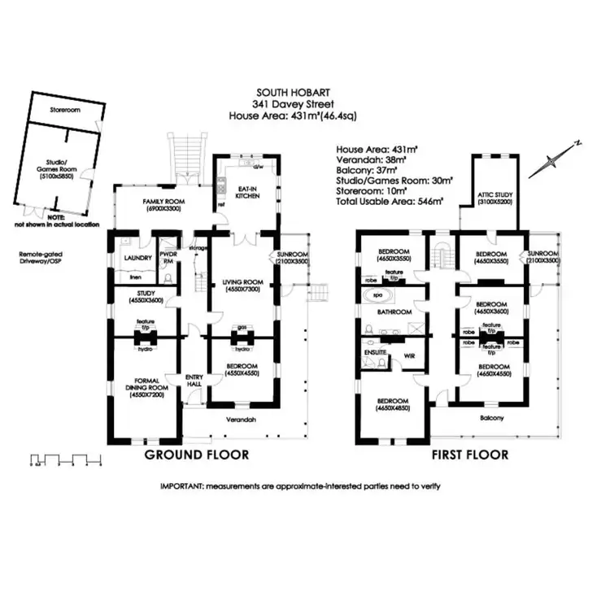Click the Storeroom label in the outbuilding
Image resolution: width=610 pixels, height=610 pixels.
(x=63, y=108)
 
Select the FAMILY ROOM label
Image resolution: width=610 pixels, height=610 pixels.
(x=161, y=202)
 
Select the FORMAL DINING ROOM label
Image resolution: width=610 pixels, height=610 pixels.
(x=146, y=383)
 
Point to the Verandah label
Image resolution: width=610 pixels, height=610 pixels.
(x=241, y=420)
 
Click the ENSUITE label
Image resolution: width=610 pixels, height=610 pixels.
(x=375, y=352)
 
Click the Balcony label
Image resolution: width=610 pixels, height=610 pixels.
(x=491, y=418)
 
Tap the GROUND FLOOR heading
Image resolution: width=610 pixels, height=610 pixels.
(x=196, y=454)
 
